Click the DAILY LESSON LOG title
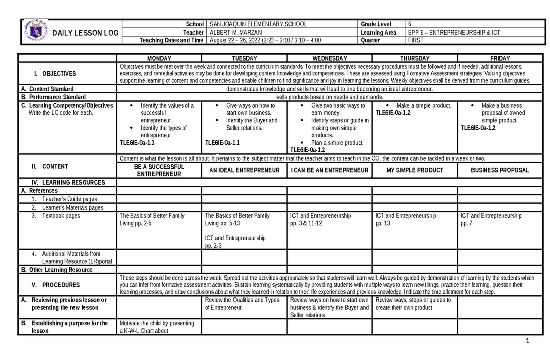(x=86, y=33)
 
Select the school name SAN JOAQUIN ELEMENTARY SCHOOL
(x=258, y=24)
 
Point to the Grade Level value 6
(x=409, y=24)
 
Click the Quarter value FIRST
(x=416, y=40)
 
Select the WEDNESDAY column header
(x=330, y=58)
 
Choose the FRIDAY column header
(x=500, y=58)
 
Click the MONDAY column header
(x=159, y=58)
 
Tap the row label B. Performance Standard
(x=57, y=97)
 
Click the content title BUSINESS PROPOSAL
(x=500, y=170)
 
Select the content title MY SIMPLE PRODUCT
(x=415, y=170)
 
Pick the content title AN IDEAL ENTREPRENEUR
(x=244, y=170)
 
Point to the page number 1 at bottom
(x=528, y=341)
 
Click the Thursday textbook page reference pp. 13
(x=383, y=223)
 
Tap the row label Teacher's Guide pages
(x=69, y=199)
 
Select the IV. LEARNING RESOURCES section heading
(x=68, y=183)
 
